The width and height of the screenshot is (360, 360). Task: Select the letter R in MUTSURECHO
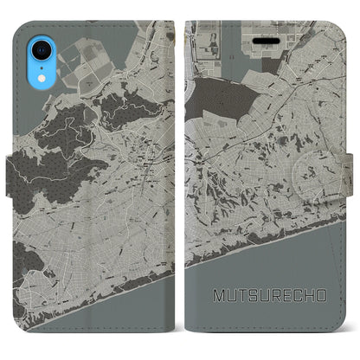click(272, 296)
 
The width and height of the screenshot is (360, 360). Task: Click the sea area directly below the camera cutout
click(26, 87)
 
